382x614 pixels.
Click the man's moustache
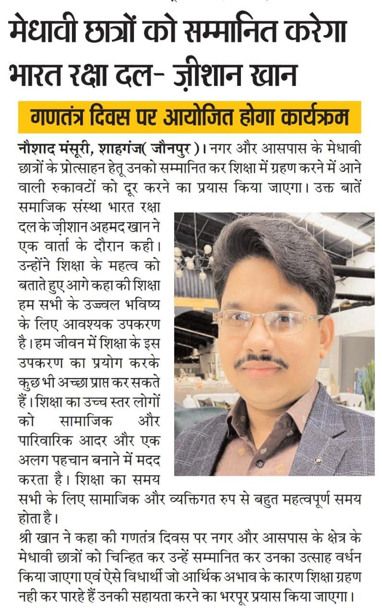click(261, 361)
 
